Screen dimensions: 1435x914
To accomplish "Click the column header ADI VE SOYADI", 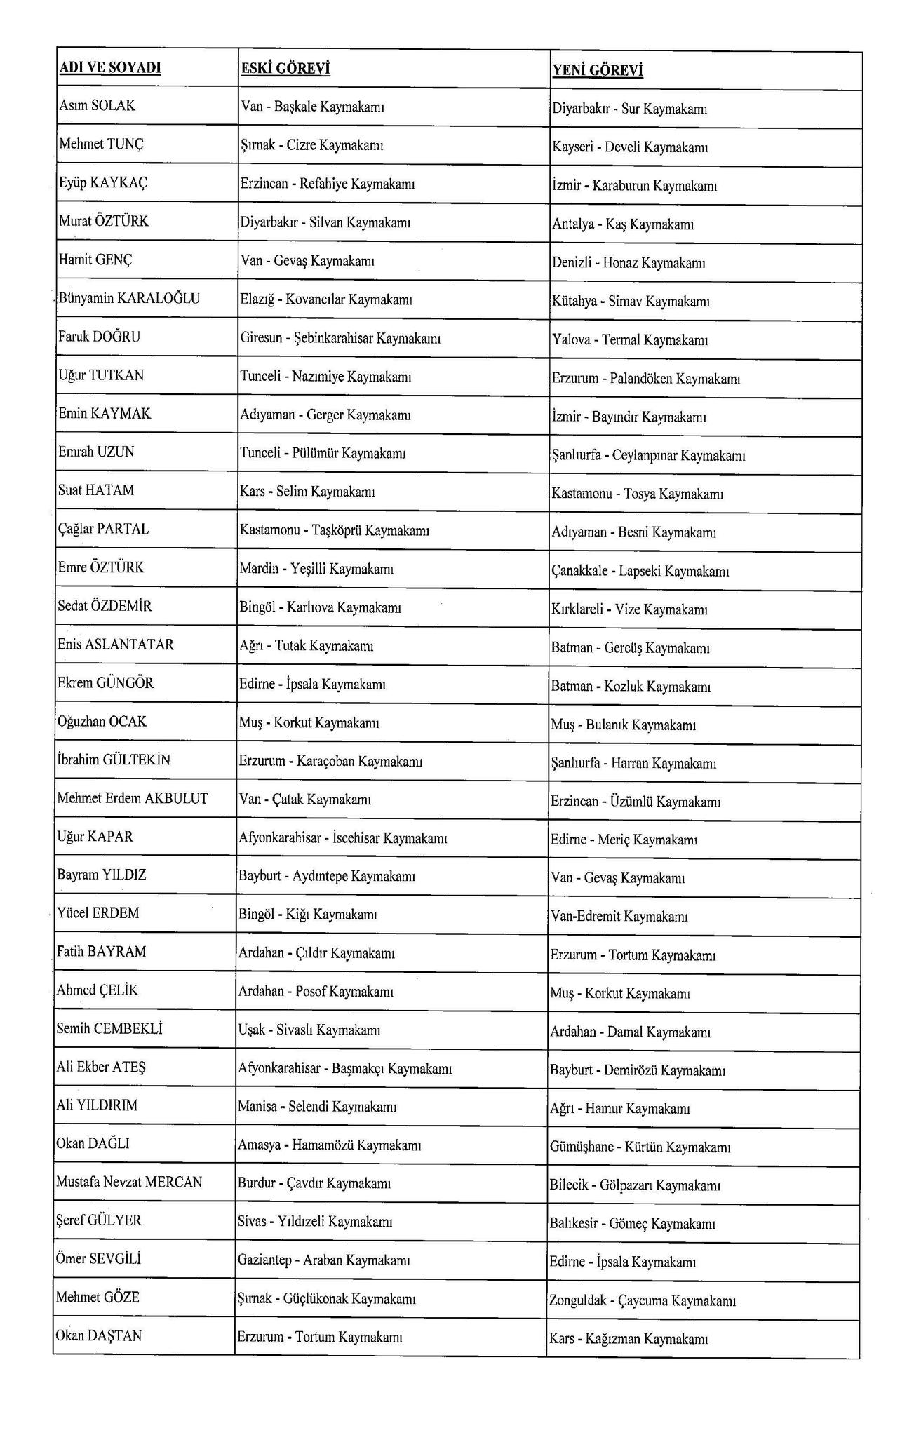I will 110,67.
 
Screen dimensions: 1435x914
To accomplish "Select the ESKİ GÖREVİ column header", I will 285,68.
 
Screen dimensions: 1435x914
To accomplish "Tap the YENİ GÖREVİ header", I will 598,70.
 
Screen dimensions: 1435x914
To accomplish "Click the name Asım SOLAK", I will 98,106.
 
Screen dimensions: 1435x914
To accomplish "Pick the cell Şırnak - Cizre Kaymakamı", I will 312,145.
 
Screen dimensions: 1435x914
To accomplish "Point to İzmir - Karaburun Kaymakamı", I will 634,186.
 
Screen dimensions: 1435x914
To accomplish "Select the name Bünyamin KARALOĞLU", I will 129,298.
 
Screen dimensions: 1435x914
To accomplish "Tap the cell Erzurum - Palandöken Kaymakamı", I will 646,379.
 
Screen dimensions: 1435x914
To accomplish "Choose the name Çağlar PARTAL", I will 104,529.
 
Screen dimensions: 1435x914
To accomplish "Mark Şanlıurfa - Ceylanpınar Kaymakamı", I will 648,456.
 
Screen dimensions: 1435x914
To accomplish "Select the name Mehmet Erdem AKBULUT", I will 133,798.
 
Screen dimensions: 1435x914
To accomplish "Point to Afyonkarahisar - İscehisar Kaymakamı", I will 343,837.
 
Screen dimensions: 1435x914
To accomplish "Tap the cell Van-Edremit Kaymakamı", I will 619,916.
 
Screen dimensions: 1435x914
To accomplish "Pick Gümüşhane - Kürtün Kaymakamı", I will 640,1147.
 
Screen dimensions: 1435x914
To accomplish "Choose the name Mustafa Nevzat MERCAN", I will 129,1182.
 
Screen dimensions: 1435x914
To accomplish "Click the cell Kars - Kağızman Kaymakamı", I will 629,1339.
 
